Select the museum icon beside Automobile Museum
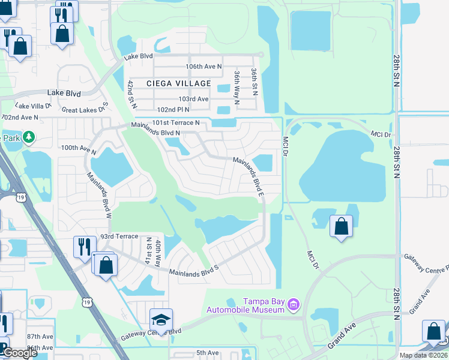tap(293, 305)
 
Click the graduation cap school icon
tap(161, 319)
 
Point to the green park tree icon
tap(28, 138)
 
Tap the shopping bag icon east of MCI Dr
tap(341, 227)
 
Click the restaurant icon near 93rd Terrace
tap(84, 246)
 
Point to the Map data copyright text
tap(424, 355)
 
